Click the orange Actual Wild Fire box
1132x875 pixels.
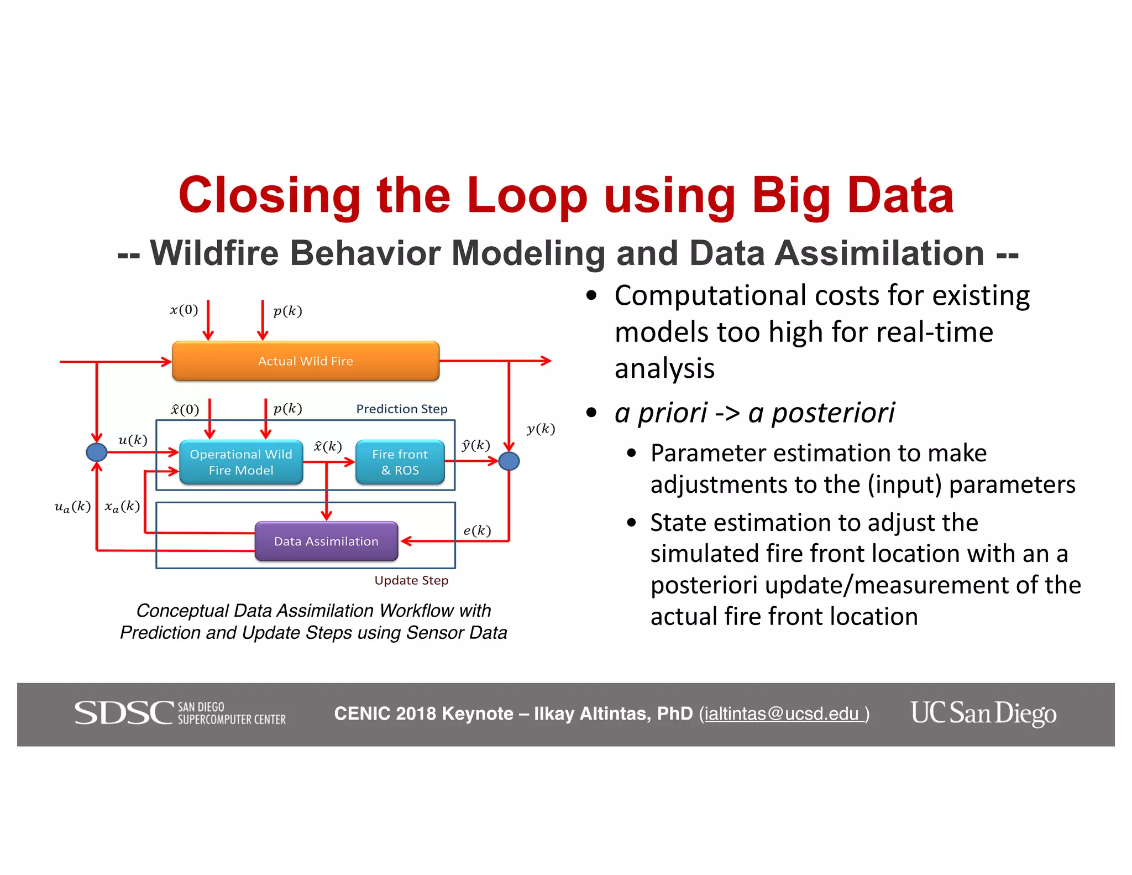pyautogui.click(x=306, y=361)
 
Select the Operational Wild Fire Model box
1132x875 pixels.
pyautogui.click(x=241, y=462)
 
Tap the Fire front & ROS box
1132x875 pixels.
pyautogui.click(x=400, y=462)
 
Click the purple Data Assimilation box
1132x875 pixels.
pyautogui.click(x=326, y=541)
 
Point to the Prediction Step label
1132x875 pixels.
pyautogui.click(x=401, y=409)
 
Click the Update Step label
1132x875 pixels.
pyautogui.click(x=411, y=580)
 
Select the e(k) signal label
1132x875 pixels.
pyautogui.click(x=477, y=530)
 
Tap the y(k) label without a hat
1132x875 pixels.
pyautogui.click(x=541, y=429)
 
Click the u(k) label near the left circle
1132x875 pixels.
pyautogui.click(x=133, y=440)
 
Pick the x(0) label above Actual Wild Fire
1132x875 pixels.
pyautogui.click(x=184, y=310)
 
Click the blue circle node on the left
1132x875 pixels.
pyautogui.click(x=97, y=452)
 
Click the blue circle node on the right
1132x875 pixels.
pyautogui.click(x=509, y=461)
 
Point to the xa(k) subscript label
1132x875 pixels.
pyautogui.click(x=122, y=506)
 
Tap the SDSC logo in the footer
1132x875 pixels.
pyautogui.click(x=180, y=713)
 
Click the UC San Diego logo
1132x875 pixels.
pyautogui.click(x=983, y=713)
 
